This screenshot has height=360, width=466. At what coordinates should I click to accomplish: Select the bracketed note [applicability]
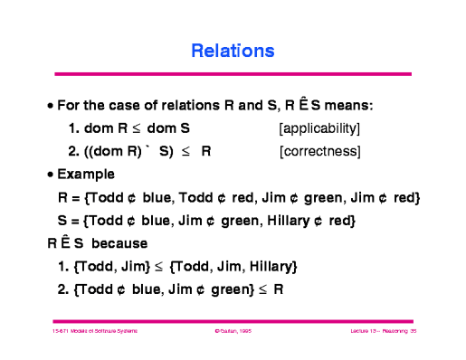click(x=321, y=128)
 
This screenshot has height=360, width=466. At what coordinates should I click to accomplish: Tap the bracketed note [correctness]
click(x=320, y=150)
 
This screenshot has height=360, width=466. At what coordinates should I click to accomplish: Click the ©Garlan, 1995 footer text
click(x=232, y=332)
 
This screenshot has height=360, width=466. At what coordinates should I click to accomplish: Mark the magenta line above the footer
click(x=233, y=320)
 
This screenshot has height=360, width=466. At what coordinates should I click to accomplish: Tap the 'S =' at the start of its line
click(x=66, y=221)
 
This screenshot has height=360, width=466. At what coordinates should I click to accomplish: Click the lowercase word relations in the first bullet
click(x=171, y=105)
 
